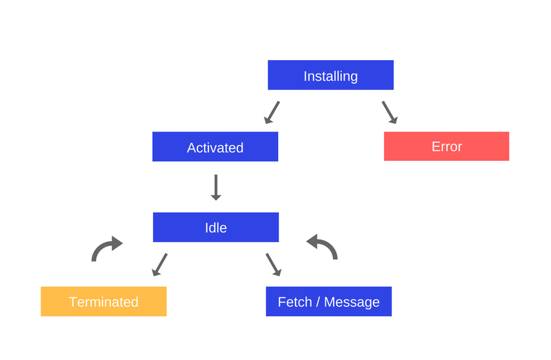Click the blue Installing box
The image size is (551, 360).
click(x=330, y=75)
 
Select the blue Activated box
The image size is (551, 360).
click(x=215, y=147)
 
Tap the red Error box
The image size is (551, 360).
click(x=446, y=146)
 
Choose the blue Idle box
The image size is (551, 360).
click(x=215, y=227)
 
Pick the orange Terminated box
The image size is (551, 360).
click(x=103, y=301)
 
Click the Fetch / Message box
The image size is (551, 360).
click(x=328, y=301)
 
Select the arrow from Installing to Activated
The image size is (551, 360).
click(x=272, y=112)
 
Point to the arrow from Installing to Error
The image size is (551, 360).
click(x=389, y=112)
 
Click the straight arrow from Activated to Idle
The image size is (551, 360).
click(x=216, y=187)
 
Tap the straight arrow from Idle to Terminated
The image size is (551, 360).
click(x=159, y=265)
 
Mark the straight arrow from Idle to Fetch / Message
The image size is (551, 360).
click(x=274, y=265)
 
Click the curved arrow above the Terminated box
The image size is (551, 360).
click(x=106, y=248)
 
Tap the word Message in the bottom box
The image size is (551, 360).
click(x=352, y=302)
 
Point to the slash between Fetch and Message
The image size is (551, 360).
click(x=317, y=302)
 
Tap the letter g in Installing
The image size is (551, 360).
click(x=353, y=77)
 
